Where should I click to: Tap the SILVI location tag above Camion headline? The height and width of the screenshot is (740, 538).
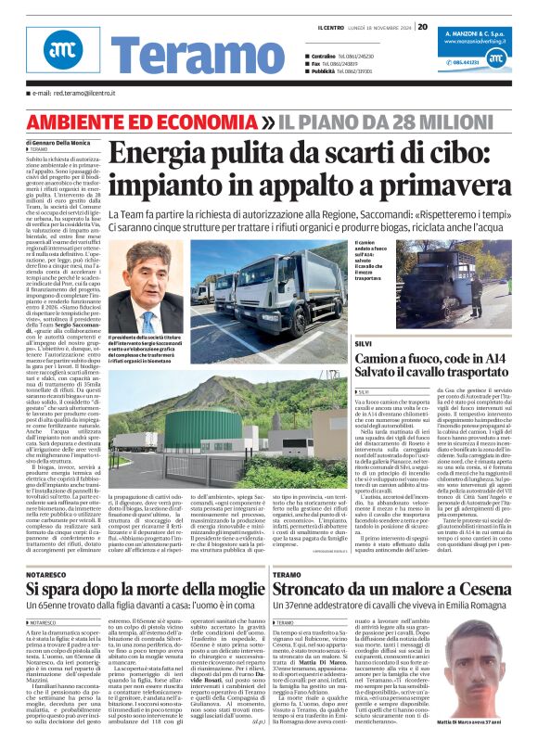coord(364,317)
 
